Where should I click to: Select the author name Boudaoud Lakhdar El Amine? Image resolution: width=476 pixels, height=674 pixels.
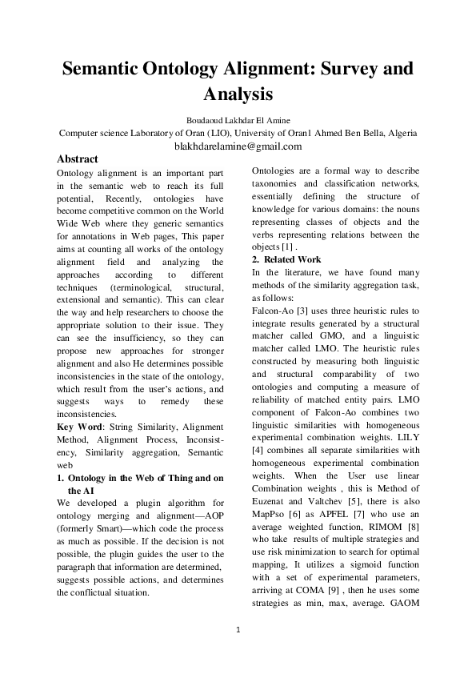coord(238,120)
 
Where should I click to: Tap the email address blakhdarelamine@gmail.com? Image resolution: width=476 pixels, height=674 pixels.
coord(238,146)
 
